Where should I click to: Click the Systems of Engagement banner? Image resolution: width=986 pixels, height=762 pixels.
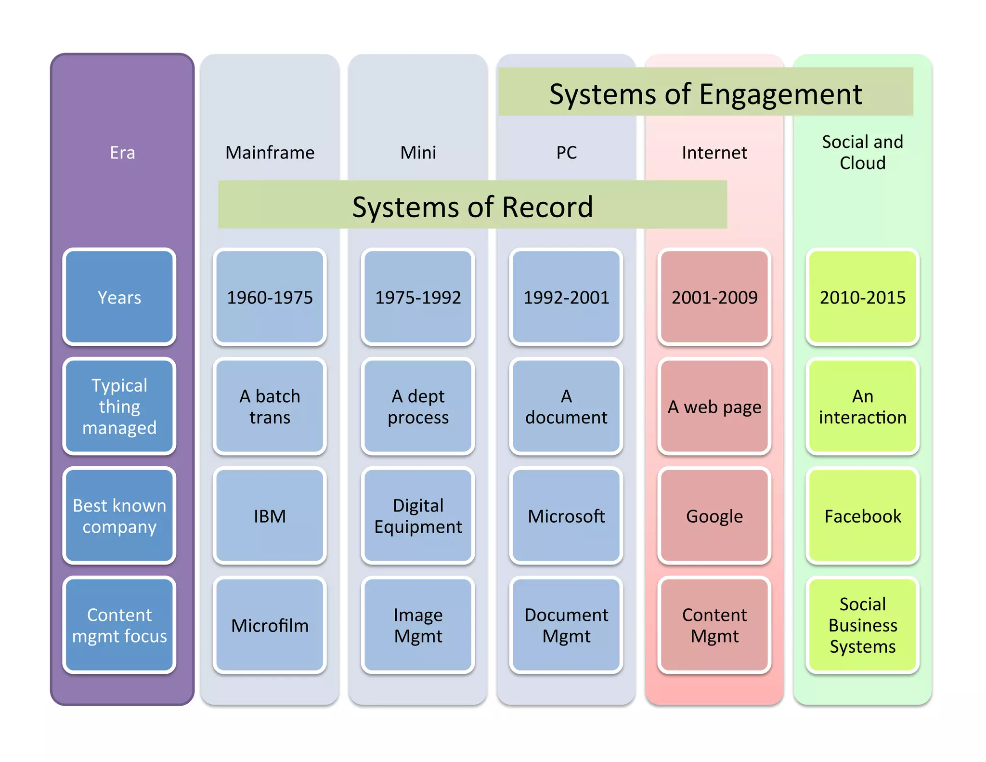(705, 92)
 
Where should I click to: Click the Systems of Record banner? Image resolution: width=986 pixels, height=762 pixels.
(472, 206)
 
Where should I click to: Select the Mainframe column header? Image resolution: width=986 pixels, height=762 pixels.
(270, 153)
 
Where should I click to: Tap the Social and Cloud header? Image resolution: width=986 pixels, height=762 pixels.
(862, 152)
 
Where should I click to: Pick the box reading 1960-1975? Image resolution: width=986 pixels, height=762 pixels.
(270, 297)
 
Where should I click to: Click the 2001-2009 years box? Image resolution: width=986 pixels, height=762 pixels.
(714, 297)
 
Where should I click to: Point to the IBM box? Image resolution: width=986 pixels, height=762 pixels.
(270, 516)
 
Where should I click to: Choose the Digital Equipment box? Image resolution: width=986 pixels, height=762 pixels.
(418, 516)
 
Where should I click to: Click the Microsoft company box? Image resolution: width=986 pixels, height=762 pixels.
(566, 516)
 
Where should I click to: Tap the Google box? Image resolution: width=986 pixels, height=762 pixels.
(714, 516)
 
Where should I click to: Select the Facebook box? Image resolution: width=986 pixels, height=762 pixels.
(862, 516)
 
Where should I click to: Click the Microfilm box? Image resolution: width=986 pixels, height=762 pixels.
(270, 625)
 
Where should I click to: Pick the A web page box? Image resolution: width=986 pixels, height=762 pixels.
(714, 407)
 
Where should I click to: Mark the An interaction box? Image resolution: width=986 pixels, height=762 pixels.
(862, 407)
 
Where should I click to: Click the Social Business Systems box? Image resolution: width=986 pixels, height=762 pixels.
(862, 625)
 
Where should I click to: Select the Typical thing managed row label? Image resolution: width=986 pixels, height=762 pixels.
(119, 407)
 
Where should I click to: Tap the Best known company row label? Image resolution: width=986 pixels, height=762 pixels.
(119, 516)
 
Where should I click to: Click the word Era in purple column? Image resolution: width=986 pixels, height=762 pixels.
(122, 153)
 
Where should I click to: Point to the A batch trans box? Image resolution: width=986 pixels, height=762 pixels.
(270, 407)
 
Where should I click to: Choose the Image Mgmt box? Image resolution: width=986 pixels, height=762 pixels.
(418, 625)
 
